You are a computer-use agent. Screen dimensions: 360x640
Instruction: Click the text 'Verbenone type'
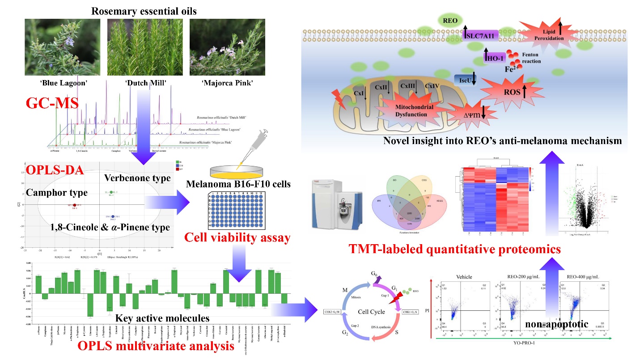pyautogui.click(x=137, y=178)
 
